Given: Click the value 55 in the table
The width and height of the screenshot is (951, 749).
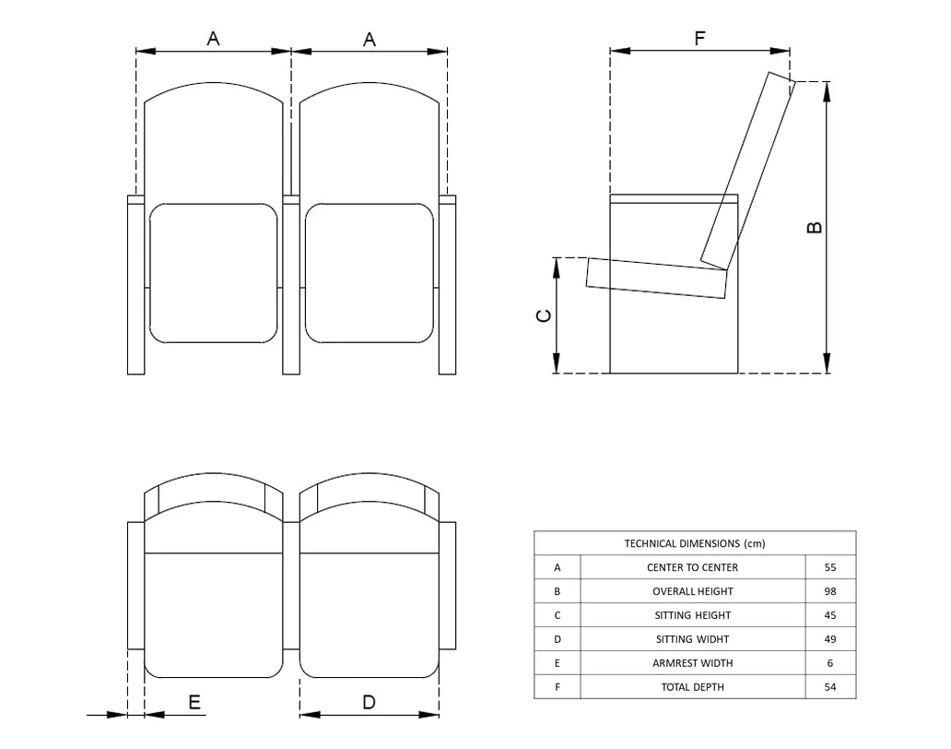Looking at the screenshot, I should (830, 567).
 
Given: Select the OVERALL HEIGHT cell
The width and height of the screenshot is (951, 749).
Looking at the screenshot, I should (693, 591).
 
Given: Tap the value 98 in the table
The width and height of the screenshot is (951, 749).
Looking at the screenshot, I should (830, 591).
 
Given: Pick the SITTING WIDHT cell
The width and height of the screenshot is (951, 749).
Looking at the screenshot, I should (693, 639).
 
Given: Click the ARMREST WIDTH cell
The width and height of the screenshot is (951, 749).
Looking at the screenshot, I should (693, 663).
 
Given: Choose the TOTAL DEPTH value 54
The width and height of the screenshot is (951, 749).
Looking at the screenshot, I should (830, 687).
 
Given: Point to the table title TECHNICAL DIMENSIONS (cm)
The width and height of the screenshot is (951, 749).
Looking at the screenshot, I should (694, 543).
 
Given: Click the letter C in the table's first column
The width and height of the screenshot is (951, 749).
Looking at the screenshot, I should (557, 615).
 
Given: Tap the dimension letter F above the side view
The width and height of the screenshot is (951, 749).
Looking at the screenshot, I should (699, 39).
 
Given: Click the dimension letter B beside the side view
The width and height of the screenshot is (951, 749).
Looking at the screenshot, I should (815, 227).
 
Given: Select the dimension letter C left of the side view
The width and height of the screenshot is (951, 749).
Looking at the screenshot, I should (544, 315).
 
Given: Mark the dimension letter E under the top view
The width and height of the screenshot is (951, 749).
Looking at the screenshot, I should (194, 703).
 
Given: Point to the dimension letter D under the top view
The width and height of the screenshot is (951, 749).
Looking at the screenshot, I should (369, 703).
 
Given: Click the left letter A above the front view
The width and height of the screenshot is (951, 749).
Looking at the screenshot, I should (213, 39).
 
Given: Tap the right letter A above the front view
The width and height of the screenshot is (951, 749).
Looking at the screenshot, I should (370, 39).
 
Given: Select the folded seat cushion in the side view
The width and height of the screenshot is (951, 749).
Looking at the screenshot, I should (657, 278).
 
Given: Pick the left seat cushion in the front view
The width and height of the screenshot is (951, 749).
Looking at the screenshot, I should (213, 273).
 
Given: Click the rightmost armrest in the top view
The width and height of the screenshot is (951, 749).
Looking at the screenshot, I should (448, 585).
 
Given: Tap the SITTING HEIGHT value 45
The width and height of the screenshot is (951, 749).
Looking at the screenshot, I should (830, 615).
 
